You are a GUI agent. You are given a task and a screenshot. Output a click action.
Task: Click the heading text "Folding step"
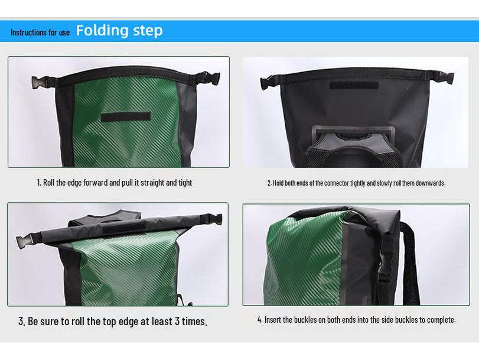point(119,30)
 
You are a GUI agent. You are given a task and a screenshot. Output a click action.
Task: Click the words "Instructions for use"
point(40,33)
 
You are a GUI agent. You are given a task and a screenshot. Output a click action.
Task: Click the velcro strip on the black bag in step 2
point(354,85)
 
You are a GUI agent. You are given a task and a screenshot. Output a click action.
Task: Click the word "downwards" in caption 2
point(429,183)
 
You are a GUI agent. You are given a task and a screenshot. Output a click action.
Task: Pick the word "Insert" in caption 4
point(273,320)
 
